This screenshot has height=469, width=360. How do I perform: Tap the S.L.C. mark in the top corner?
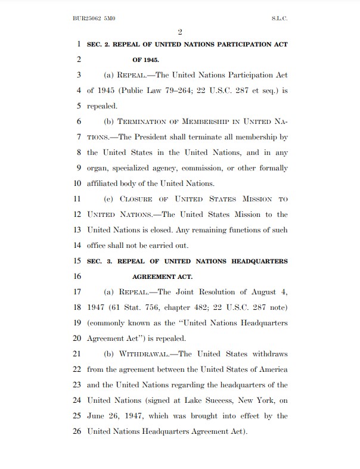click(279, 18)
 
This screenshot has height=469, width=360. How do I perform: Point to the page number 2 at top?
click(179, 32)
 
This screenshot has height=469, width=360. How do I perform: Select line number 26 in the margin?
click(76, 431)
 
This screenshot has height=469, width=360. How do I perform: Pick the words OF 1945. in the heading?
click(145, 60)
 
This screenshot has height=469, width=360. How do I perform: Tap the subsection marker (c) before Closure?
click(109, 199)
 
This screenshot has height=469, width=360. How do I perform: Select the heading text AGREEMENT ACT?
click(162, 277)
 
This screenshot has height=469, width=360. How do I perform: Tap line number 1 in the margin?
click(79, 45)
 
